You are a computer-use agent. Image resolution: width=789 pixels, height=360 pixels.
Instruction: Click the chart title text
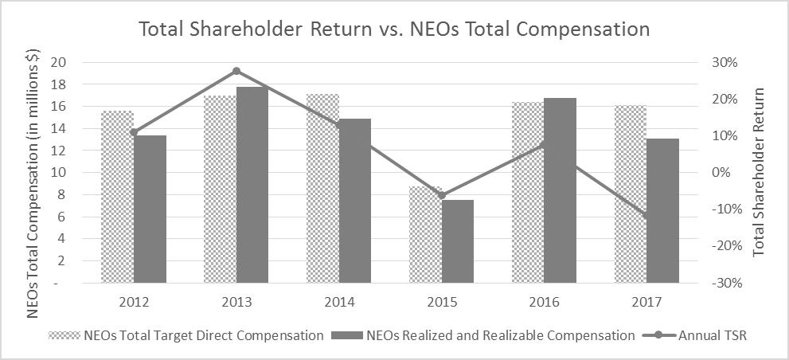coord(394,29)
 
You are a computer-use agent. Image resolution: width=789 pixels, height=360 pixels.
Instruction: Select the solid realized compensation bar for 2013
coord(252,184)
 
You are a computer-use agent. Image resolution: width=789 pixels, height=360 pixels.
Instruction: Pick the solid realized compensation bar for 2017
coord(662,210)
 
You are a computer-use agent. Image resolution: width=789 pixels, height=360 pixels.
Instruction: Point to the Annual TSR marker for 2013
coord(236,71)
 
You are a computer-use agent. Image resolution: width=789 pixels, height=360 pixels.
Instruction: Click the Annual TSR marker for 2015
coord(442,195)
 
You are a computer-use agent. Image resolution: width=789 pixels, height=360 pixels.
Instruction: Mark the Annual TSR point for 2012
coord(134,132)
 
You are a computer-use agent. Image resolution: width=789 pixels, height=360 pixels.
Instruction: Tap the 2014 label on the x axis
coord(339,303)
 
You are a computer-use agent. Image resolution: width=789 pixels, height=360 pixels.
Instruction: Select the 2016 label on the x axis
coord(544,303)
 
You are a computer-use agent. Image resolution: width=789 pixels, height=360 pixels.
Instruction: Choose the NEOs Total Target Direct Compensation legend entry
coord(186,335)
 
